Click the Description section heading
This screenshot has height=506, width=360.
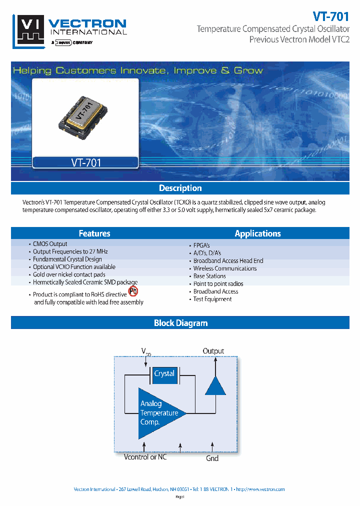pyautogui.click(x=180, y=188)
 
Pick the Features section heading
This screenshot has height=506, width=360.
pyautogui.click(x=94, y=233)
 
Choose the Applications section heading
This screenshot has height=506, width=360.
pyautogui.click(x=257, y=233)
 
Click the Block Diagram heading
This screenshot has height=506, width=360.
pyautogui.click(x=180, y=323)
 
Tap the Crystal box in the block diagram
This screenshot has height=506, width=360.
pyautogui.click(x=164, y=374)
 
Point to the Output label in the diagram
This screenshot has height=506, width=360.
pyautogui.click(x=213, y=351)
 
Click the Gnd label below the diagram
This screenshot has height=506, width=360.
pyautogui.click(x=212, y=458)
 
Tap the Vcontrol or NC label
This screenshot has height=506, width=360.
pyautogui.click(x=145, y=457)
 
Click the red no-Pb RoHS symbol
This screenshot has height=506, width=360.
pyautogui.click(x=133, y=291)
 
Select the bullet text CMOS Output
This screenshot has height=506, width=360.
pyautogui.click(x=50, y=244)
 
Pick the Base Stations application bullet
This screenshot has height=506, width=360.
pyautogui.click(x=209, y=276)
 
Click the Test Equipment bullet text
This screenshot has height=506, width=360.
pyautogui.click(x=212, y=299)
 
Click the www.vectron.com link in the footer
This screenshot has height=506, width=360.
pyautogui.click(x=260, y=489)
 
